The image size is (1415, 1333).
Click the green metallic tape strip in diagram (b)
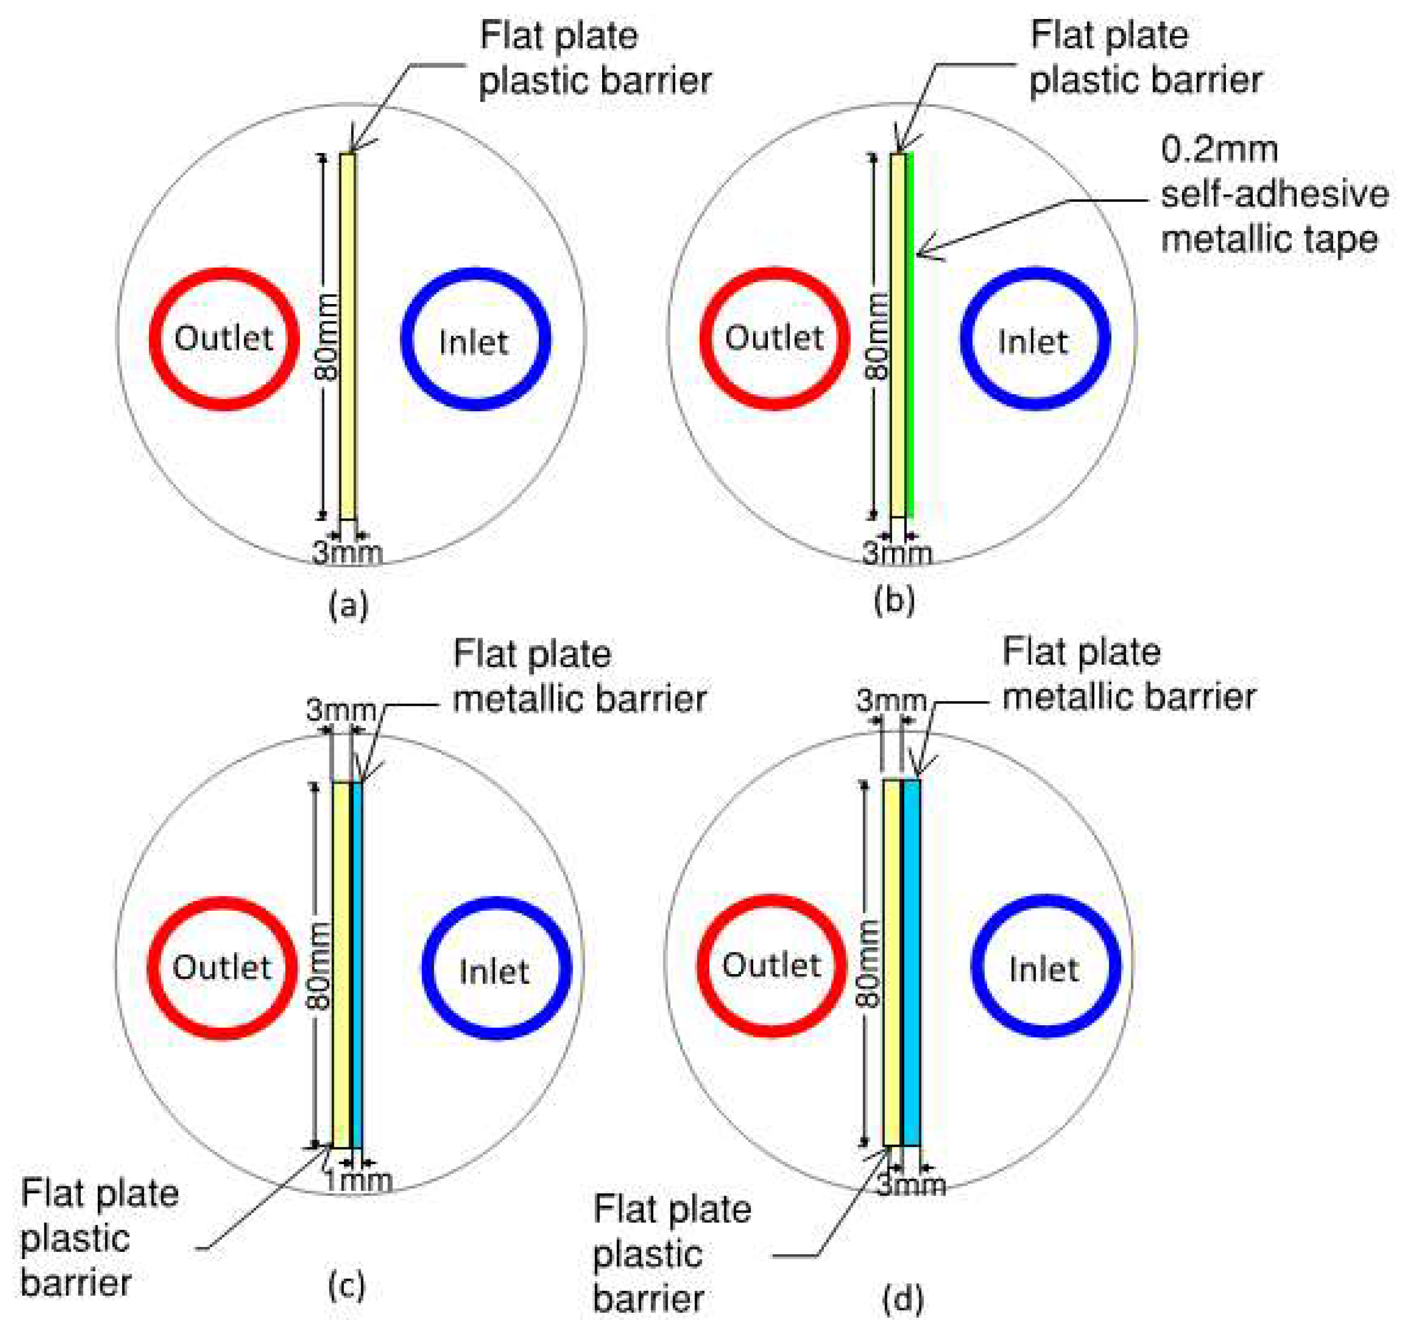click(x=909, y=334)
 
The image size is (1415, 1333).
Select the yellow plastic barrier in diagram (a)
click(x=348, y=334)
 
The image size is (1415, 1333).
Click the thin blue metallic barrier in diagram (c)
click(x=357, y=964)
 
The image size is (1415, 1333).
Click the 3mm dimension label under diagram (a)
click(x=348, y=553)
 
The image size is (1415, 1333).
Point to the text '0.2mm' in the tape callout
click(x=1219, y=149)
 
